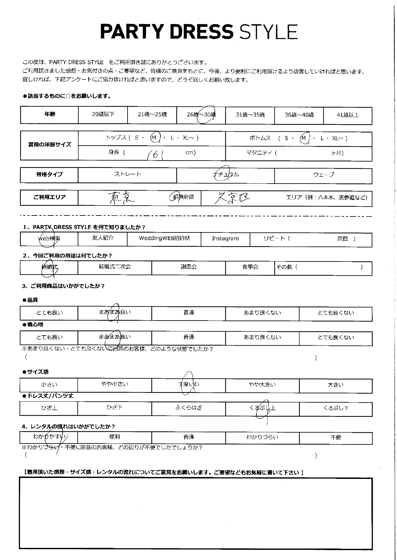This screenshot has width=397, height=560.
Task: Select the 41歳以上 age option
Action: [347, 115]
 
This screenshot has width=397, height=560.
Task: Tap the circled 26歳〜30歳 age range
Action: [201, 115]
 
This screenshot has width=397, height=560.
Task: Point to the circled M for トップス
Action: [155, 138]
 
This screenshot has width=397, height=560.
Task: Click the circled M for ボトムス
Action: [304, 138]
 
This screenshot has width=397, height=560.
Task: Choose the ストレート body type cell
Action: [128, 174]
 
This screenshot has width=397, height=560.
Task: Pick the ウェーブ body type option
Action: [323, 175]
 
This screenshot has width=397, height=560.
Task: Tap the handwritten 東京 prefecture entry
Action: [121, 198]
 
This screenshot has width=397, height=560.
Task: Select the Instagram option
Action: [225, 238]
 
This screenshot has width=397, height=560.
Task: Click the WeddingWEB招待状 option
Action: [164, 238]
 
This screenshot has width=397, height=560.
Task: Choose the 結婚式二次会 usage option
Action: [115, 267]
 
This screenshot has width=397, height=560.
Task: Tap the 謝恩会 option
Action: [189, 267]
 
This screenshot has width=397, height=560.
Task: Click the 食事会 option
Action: [250, 267]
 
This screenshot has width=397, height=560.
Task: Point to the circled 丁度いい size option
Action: [189, 385]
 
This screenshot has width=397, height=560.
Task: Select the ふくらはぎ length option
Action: [189, 408]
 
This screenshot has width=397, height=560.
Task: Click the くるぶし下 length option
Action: [336, 408]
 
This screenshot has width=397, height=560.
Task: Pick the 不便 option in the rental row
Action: [336, 437]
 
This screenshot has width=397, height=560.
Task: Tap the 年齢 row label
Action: [50, 114]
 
